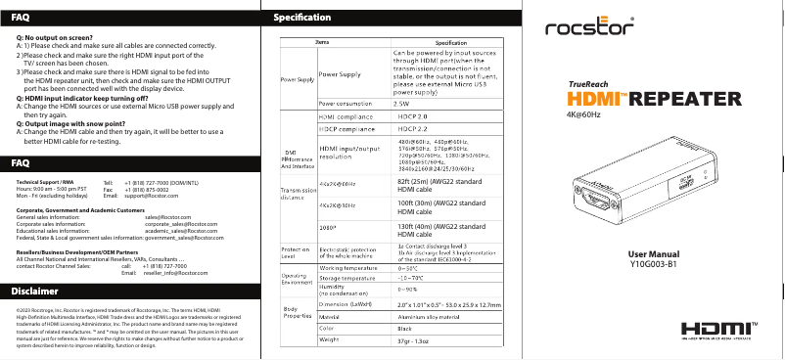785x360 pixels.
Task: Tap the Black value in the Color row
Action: (404, 327)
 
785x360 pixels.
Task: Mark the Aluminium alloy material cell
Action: (429, 316)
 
